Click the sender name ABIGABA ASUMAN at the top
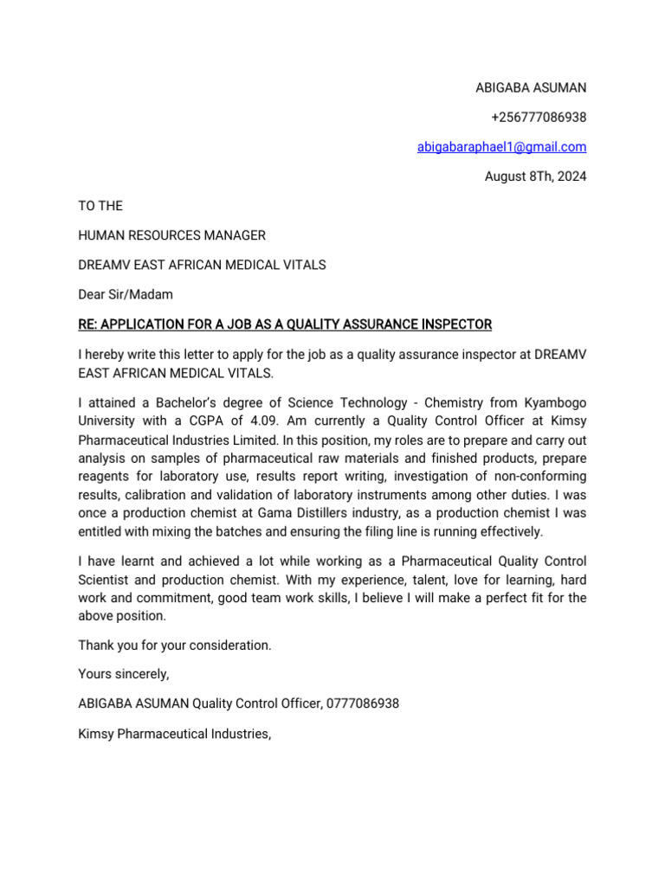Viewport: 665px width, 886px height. [531, 87]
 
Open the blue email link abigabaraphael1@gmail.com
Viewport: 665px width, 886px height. [501, 147]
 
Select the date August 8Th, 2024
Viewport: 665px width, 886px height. [535, 177]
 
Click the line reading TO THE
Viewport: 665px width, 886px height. [100, 206]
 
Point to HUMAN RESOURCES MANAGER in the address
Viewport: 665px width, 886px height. [171, 235]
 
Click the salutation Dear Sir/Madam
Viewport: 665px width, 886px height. [126, 294]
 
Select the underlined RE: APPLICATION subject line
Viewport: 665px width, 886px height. [285, 324]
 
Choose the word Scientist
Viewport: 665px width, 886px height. [107, 580]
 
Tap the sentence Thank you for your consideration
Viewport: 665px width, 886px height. [175, 645]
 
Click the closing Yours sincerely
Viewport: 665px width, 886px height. [124, 675]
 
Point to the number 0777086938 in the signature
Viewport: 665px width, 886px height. [363, 704]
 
